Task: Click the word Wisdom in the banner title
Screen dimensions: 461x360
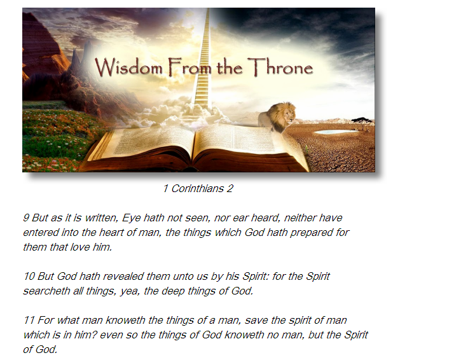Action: [128, 67]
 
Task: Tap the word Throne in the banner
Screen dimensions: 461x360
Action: [280, 67]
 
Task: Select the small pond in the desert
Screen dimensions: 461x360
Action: [335, 132]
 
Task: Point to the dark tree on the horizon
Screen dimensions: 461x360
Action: [362, 120]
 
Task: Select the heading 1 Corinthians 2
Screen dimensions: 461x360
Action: [198, 188]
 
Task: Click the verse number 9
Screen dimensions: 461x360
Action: [26, 218]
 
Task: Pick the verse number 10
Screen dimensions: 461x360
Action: [29, 277]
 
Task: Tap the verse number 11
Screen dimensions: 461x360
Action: [29, 321]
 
